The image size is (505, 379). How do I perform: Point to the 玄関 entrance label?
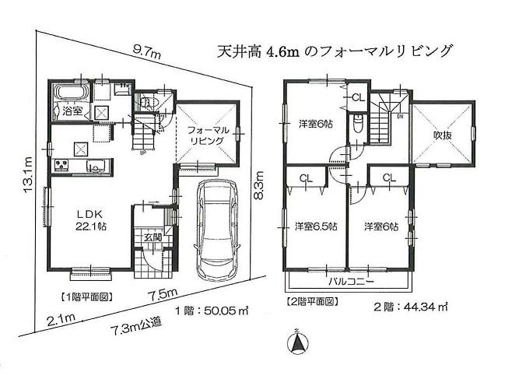point(153,237)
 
